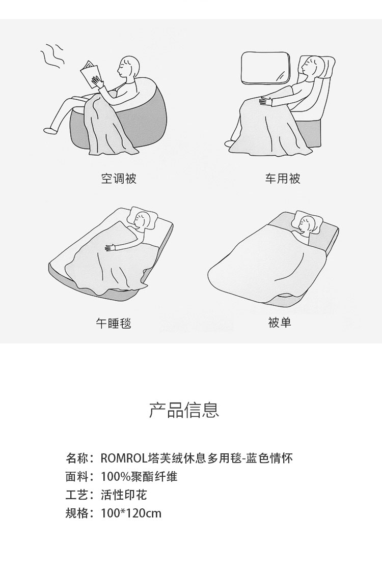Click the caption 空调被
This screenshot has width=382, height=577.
pos(119,179)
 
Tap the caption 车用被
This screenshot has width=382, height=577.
pos(283,179)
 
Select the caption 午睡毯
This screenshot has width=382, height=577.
pos(114,323)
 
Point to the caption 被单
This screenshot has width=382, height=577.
pos(280,323)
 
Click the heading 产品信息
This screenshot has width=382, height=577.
pos(184,410)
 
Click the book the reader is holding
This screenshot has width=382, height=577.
pos(90,74)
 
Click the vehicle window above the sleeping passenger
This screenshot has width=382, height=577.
pos(265,67)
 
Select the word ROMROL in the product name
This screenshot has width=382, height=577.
pos(124,458)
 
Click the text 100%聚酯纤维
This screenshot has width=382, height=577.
pos(139,477)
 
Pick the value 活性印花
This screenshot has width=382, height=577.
pos(124,495)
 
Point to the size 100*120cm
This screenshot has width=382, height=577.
pos(131,513)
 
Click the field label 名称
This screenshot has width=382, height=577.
pos(77,458)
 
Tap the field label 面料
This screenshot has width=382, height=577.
pos(77,477)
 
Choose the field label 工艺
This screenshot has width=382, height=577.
pos(77,495)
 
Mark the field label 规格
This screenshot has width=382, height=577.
pos(77,513)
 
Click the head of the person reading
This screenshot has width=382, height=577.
pos(128,67)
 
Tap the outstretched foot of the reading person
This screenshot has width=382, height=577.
pos(50,130)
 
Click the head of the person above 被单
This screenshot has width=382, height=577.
pos(306,224)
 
